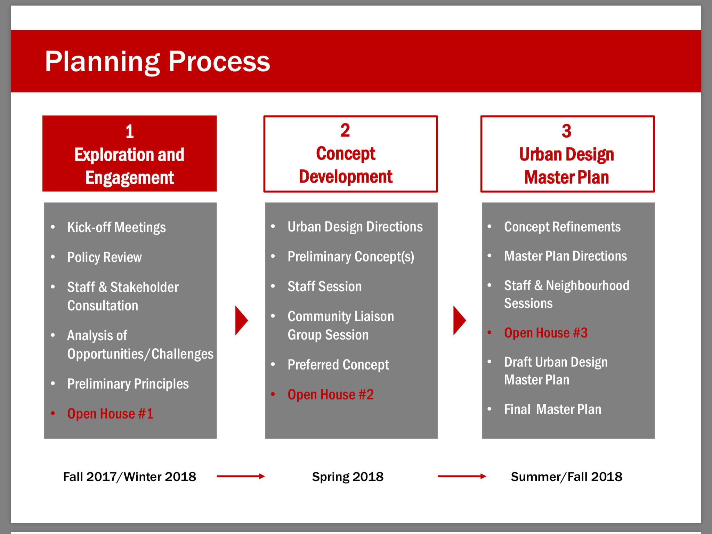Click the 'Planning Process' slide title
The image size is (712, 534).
[157, 62]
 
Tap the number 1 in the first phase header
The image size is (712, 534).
[130, 131]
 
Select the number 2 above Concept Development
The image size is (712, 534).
[345, 130]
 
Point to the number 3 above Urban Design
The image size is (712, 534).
[567, 131]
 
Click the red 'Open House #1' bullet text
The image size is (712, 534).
[110, 414]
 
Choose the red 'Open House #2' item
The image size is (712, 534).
[331, 395]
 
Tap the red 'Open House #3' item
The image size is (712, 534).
[546, 333]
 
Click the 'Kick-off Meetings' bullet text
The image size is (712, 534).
[116, 227]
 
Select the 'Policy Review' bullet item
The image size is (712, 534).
[104, 257]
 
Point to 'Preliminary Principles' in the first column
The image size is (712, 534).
[128, 384]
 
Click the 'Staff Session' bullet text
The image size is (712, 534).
[325, 286]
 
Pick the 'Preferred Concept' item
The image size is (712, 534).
[338, 365]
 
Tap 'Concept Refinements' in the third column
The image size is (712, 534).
[563, 227]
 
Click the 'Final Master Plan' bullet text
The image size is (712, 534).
[553, 409]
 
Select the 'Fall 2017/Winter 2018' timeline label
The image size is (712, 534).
[130, 477]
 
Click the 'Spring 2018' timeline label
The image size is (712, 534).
[348, 477]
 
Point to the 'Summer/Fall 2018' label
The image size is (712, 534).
[567, 477]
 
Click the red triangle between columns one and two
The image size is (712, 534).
[241, 321]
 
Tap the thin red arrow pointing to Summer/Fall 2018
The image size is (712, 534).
[462, 476]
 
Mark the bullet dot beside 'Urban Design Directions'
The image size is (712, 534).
[273, 227]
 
